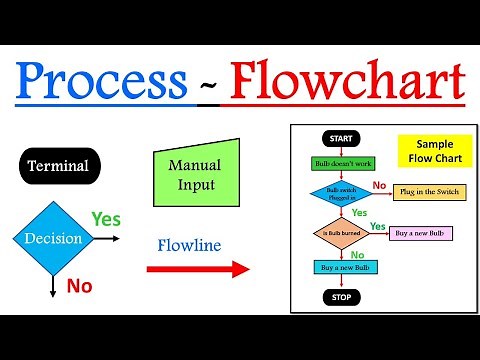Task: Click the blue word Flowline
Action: tap(189, 244)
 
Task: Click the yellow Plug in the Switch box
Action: tap(429, 191)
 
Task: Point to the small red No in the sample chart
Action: tap(379, 184)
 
